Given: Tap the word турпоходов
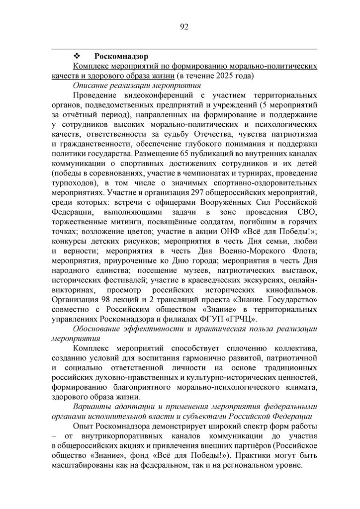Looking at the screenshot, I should pos(73,182).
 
